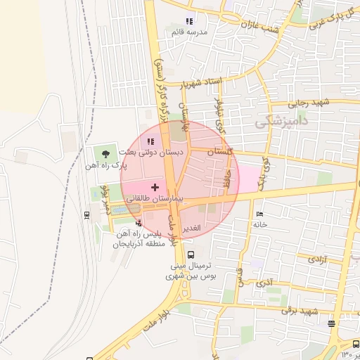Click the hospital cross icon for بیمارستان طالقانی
155,187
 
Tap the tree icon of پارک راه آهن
106,153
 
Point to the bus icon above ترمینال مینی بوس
191,253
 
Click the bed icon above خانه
260,214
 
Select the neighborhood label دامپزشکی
281,120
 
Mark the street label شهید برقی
300,310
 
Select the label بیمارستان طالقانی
153,200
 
